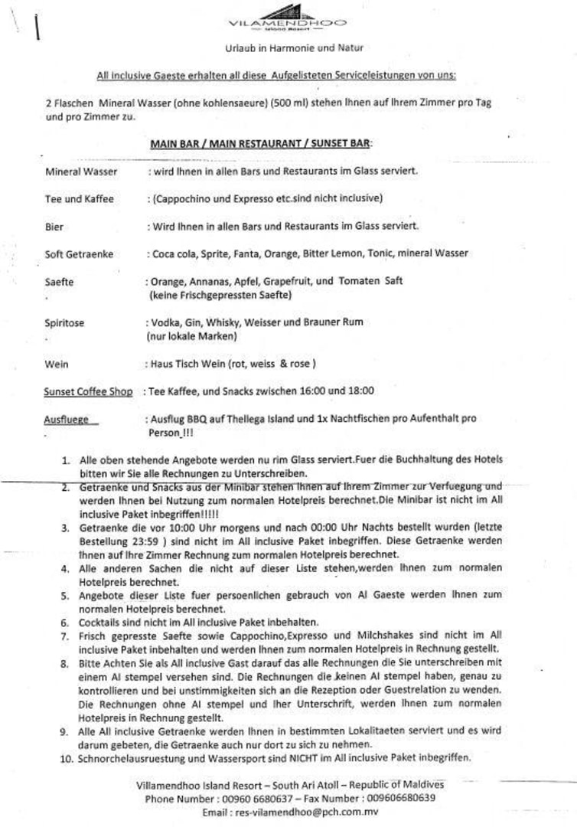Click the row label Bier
click(x=54, y=227)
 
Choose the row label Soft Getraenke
click(x=79, y=253)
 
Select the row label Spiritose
click(x=65, y=324)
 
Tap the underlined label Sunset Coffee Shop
click(x=88, y=392)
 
